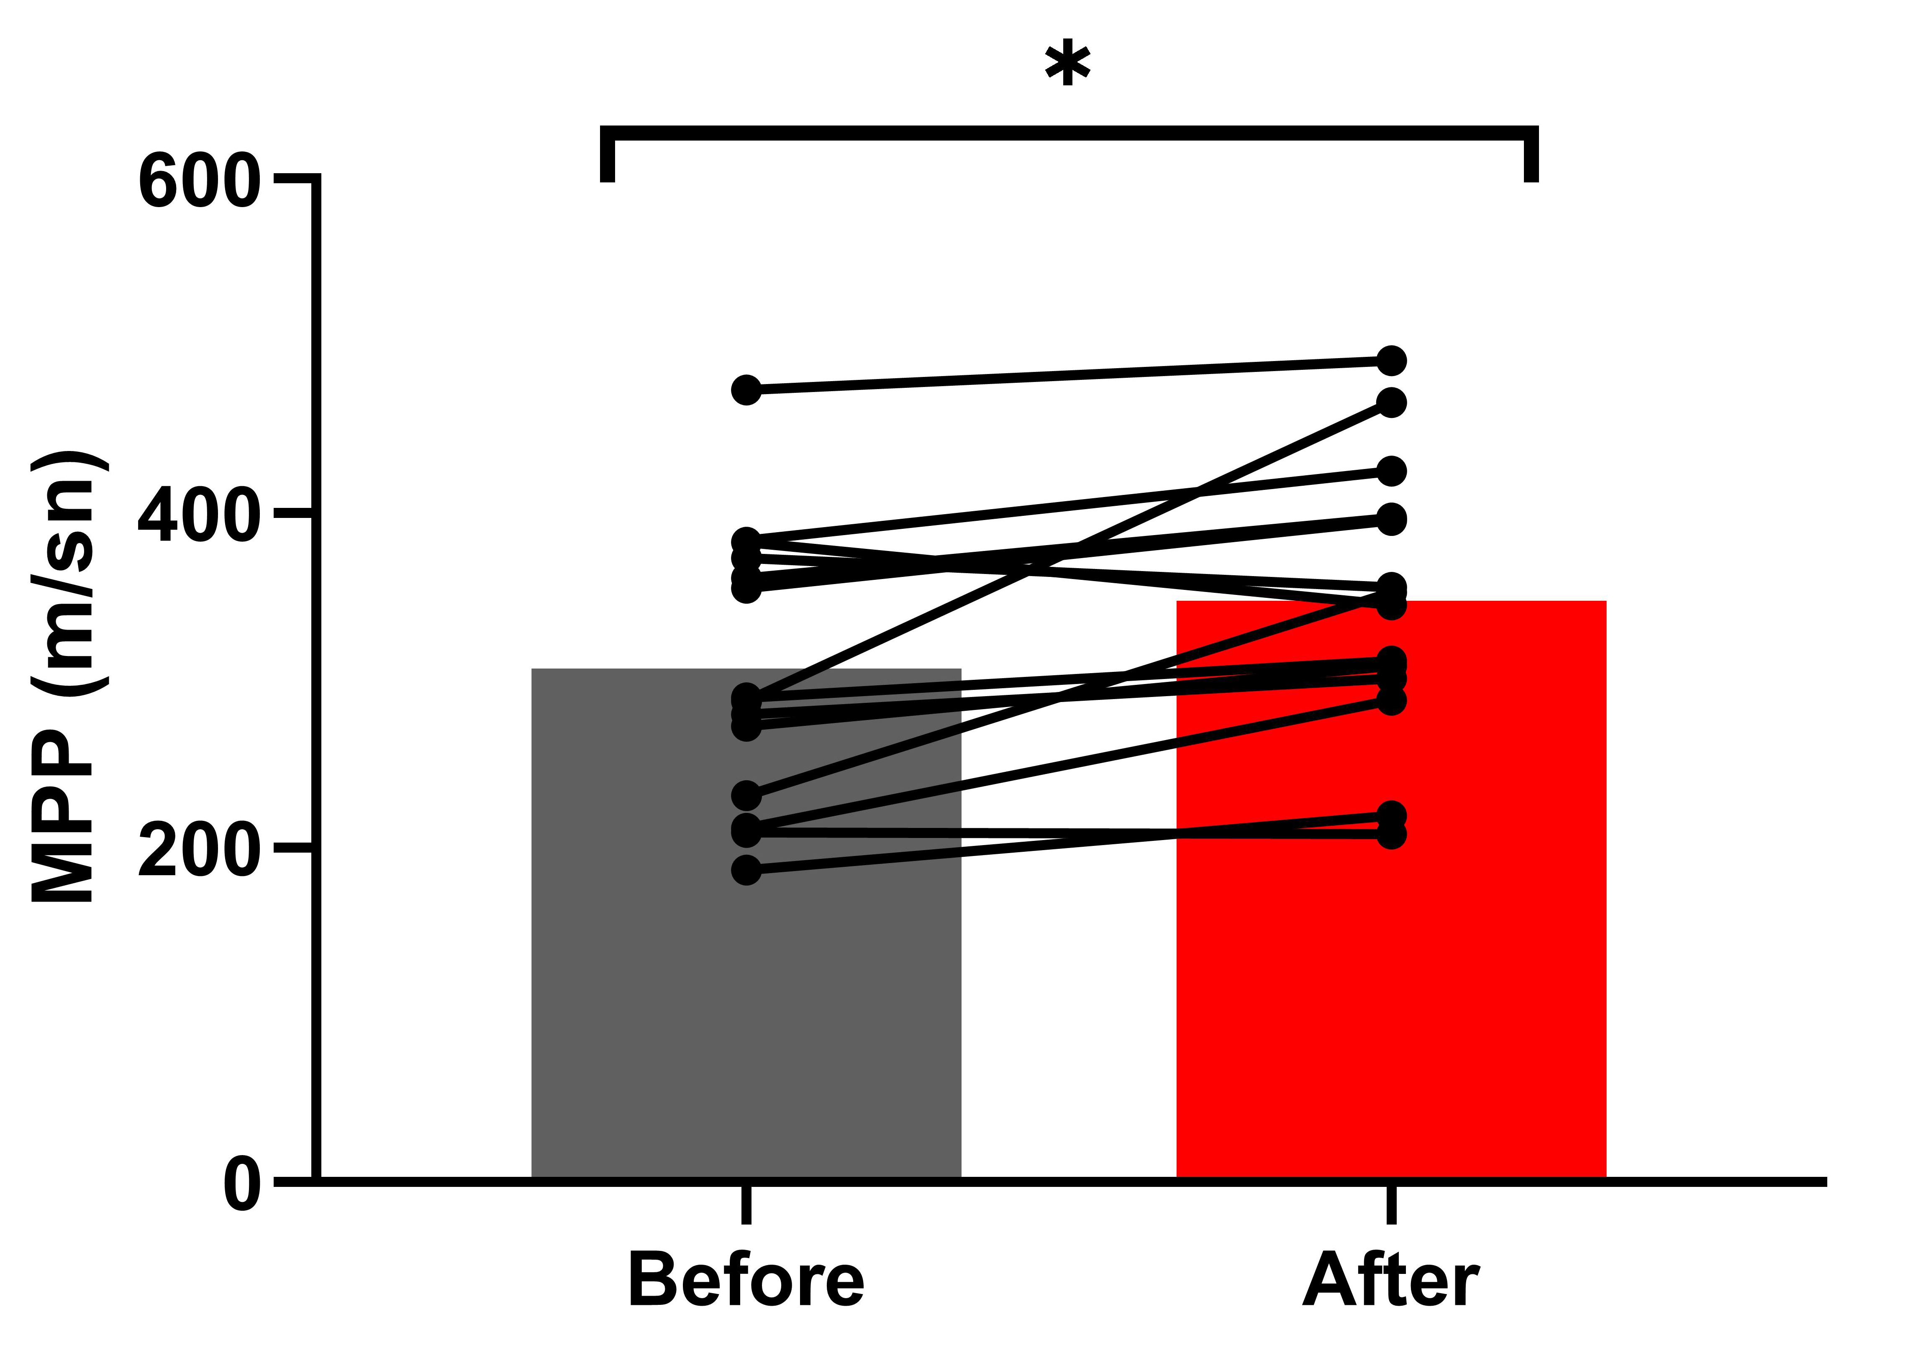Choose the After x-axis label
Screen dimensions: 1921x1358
pyautogui.click(x=1390, y=1280)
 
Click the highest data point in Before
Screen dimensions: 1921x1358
pyautogui.click(x=746, y=390)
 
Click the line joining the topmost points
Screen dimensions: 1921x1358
pyautogui.click(x=1068, y=376)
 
